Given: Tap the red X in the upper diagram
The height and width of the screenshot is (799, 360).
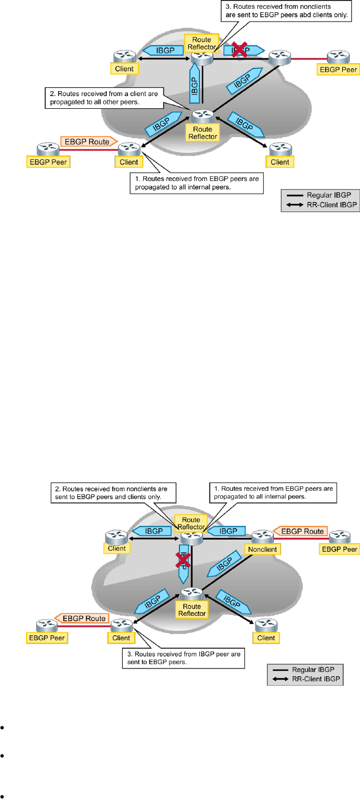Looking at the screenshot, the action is click(x=239, y=51).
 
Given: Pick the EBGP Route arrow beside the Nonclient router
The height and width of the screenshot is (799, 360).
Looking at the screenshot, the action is click(x=301, y=531).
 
